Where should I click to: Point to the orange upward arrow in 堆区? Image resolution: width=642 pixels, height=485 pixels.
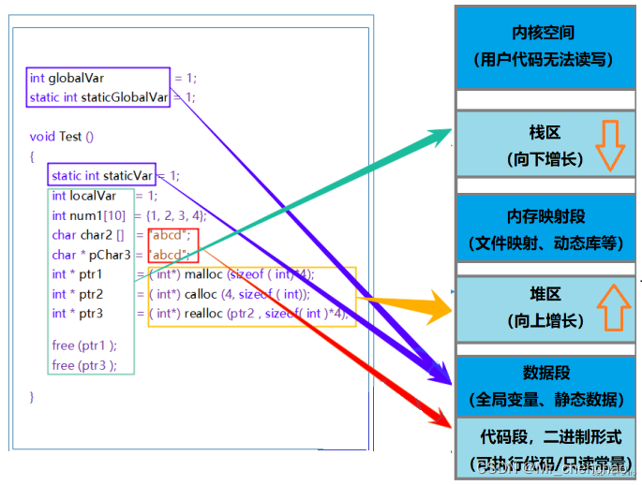pos(610,307)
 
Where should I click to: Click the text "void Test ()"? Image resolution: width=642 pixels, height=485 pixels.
pos(62,137)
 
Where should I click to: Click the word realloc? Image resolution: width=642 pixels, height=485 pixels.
pos(202,314)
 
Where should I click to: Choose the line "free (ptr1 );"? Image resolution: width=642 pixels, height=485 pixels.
pos(84,345)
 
